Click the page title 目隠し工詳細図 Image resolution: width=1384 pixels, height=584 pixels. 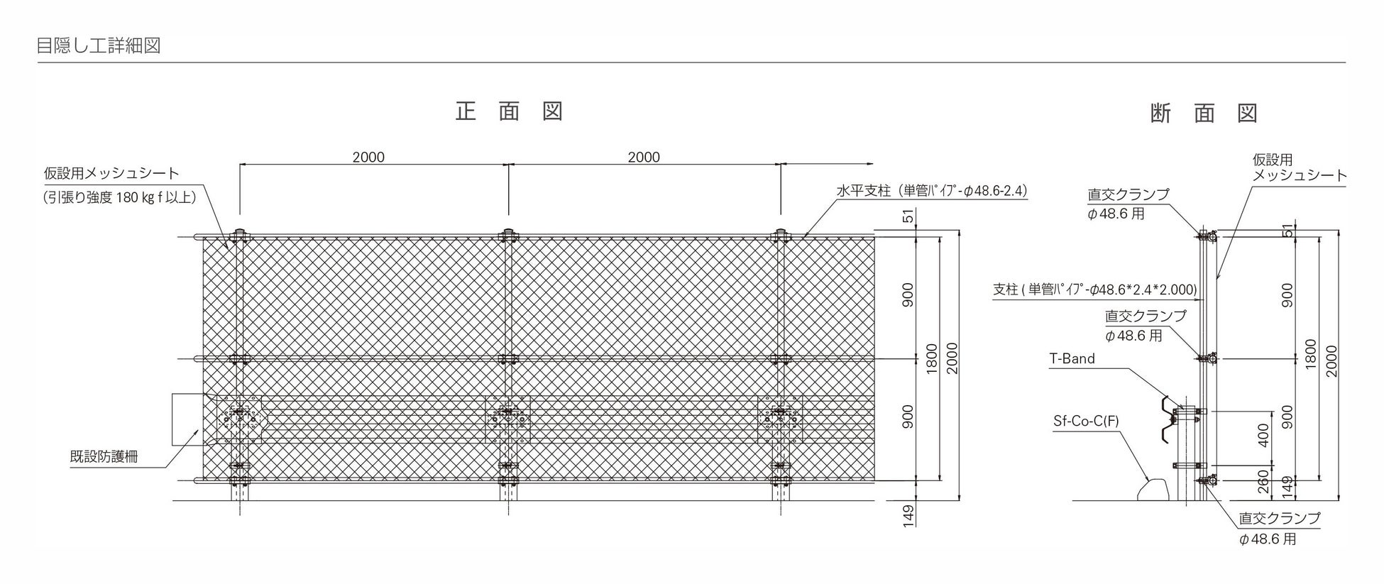click(x=99, y=46)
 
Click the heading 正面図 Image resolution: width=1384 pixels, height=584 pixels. click(x=509, y=111)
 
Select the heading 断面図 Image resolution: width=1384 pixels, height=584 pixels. click(x=1204, y=114)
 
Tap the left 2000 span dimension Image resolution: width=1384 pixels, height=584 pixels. click(x=368, y=157)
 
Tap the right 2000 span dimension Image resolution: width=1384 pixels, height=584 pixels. click(x=644, y=157)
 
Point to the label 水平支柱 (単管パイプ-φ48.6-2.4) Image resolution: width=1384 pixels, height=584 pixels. click(x=931, y=191)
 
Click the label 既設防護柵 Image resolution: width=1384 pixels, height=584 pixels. click(x=104, y=457)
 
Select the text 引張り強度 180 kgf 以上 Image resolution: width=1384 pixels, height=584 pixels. click(x=119, y=197)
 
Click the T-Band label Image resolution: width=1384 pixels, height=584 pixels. click(x=1072, y=359)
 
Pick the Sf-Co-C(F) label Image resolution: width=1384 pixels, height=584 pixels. click(x=1086, y=422)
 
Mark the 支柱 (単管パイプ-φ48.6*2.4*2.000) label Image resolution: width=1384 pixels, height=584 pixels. click(x=1094, y=290)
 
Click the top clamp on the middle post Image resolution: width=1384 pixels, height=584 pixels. click(x=508, y=236)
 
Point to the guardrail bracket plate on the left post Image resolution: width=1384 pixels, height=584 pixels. click(x=239, y=418)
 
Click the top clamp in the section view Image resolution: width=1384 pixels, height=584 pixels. click(x=1205, y=235)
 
